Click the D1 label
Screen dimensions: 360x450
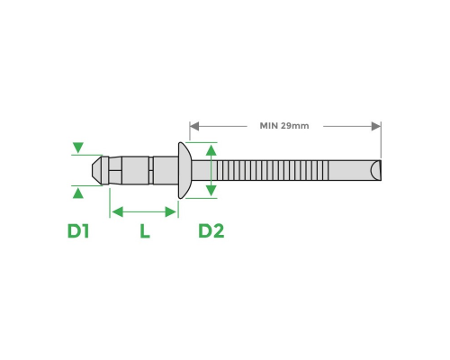[78, 231]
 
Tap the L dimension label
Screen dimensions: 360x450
[144, 231]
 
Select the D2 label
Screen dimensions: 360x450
[211, 231]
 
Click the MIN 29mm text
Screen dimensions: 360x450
[283, 126]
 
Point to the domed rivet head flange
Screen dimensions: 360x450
[184, 169]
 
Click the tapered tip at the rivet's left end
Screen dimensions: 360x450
[98, 168]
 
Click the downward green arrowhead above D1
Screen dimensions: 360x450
[78, 148]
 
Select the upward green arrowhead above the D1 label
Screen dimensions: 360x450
[78, 191]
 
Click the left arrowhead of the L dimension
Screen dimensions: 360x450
[114, 211]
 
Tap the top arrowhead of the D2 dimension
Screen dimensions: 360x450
[211, 148]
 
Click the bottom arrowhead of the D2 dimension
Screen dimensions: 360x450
[211, 189]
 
